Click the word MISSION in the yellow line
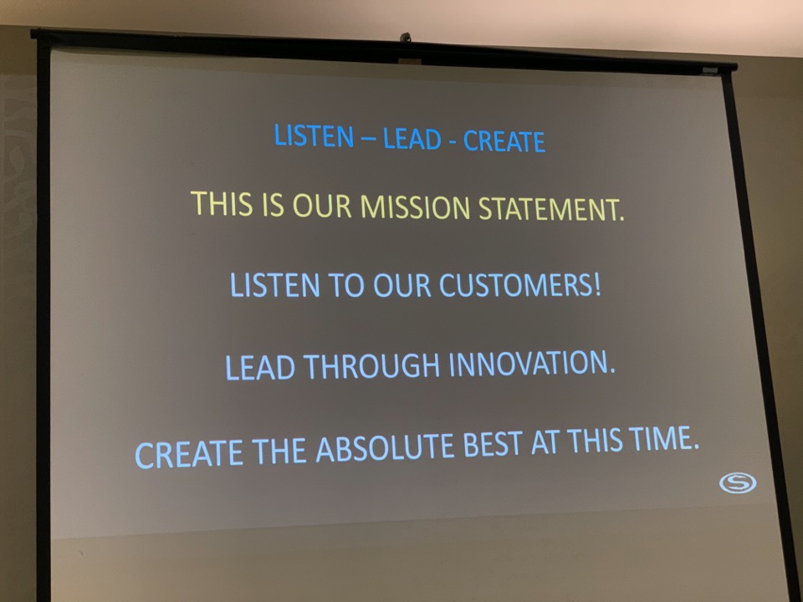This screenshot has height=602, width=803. point(415,207)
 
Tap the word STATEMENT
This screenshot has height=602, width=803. point(551,208)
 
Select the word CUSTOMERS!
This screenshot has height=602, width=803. point(519,284)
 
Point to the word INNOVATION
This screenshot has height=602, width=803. point(532,363)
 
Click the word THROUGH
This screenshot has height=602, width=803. point(371,365)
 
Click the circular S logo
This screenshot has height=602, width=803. point(738,482)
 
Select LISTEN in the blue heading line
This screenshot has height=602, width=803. point(314,136)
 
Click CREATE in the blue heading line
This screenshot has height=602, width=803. point(504,141)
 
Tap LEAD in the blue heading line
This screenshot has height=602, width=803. point(412,139)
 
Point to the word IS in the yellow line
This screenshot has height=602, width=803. point(273,204)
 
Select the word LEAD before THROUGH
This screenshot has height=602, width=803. point(259,367)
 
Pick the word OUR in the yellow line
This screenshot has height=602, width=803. point(321,206)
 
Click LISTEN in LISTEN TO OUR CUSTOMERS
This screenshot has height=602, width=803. point(275,284)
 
